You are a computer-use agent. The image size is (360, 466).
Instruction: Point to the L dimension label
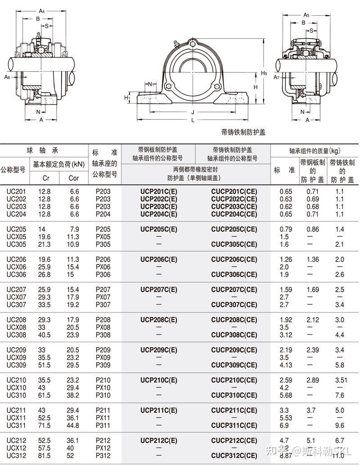193,120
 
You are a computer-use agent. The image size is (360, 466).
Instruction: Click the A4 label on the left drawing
42,10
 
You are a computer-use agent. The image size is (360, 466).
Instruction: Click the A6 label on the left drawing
7,77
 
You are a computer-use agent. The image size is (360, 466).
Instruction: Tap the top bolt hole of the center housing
193,44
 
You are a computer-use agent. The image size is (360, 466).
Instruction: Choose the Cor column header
73,178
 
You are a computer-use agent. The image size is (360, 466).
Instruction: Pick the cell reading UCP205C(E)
159,229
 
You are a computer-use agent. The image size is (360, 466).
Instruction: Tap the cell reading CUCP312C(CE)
234,456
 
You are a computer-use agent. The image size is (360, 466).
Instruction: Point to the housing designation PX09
103,357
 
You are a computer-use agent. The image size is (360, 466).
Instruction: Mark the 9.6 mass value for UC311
340,425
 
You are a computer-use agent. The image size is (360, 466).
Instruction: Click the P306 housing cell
103,275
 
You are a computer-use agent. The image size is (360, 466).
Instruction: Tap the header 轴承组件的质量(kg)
315,151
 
